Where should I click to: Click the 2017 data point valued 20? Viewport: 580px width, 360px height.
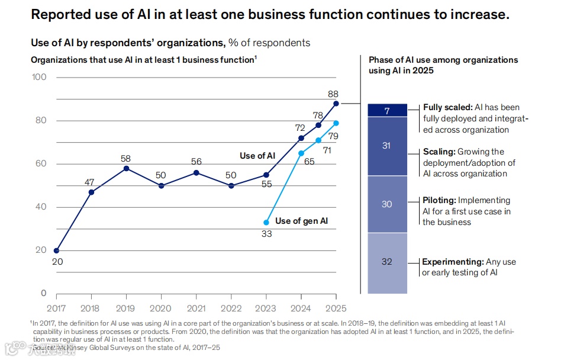point(56,250)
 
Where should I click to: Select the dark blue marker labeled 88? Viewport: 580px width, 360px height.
point(336,104)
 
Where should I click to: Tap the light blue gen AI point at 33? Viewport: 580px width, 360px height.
point(266,223)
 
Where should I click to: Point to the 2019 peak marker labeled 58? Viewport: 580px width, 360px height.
point(126,169)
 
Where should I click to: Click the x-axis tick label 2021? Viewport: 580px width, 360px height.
point(196,308)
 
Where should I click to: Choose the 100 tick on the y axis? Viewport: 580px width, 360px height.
point(39,77)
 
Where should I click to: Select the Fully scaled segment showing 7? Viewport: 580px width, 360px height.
point(387,111)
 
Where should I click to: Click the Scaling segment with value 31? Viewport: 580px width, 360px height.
point(387,146)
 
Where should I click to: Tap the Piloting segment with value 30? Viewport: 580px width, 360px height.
point(387,204)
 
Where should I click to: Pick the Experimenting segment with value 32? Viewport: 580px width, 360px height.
point(387,262)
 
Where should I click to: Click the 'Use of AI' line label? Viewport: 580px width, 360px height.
point(257,156)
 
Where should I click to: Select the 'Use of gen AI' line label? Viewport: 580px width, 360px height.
point(301,221)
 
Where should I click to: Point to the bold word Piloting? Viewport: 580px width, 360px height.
point(439,200)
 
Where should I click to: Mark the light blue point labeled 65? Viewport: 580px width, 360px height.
point(301,153)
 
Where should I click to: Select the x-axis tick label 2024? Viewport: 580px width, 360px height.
point(301,308)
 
